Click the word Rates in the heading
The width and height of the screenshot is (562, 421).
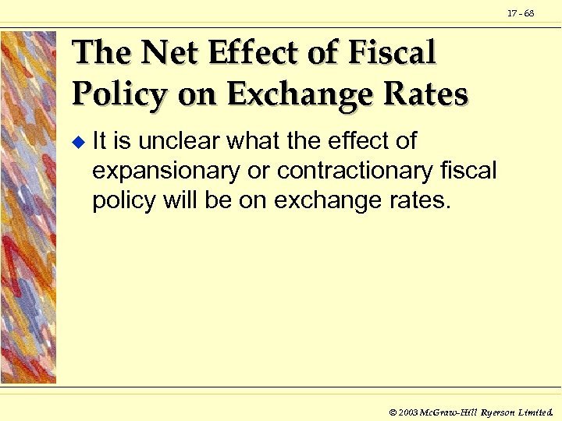pos(428,95)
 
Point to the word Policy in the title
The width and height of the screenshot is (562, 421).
pos(119,95)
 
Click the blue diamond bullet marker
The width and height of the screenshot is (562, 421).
pos(76,143)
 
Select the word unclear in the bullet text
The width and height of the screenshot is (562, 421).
pos(180,141)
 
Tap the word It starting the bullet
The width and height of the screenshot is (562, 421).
pos(100,141)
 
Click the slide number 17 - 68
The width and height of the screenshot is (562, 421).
pos(521,13)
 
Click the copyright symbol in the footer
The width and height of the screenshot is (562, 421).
pos(392,410)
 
